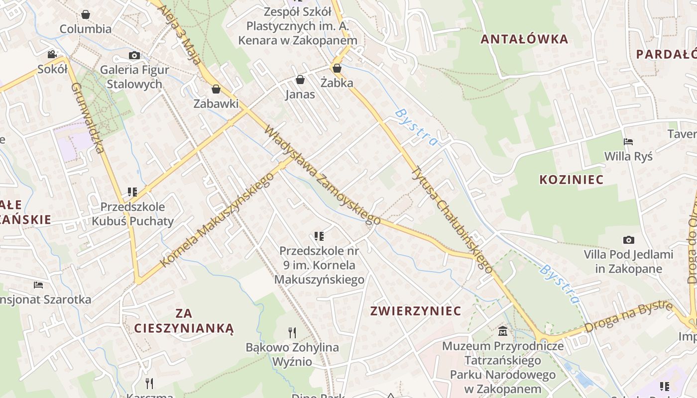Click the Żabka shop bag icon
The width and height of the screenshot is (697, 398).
337,68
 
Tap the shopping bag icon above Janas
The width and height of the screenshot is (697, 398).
300,80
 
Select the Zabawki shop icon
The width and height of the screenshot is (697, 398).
216,89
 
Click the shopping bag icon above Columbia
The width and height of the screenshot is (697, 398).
86,14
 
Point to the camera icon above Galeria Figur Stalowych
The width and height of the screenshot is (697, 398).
134,55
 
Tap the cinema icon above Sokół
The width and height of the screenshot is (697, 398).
52,54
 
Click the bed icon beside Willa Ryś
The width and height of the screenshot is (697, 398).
628,142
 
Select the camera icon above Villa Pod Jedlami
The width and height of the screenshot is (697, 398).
629,240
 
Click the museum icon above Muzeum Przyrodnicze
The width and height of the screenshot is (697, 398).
503,331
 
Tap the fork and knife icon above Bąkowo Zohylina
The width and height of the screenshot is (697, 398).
292,332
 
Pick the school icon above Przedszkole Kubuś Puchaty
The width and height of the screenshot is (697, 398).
132,192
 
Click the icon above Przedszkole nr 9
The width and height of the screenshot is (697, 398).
319,236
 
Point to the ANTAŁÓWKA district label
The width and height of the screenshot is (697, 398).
524,39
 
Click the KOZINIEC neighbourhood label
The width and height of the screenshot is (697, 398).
572,180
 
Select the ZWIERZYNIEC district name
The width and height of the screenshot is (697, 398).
416,311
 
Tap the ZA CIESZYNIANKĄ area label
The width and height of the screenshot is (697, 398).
184,320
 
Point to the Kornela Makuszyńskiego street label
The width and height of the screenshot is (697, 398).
218,219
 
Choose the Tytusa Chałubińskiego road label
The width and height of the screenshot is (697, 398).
452,219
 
